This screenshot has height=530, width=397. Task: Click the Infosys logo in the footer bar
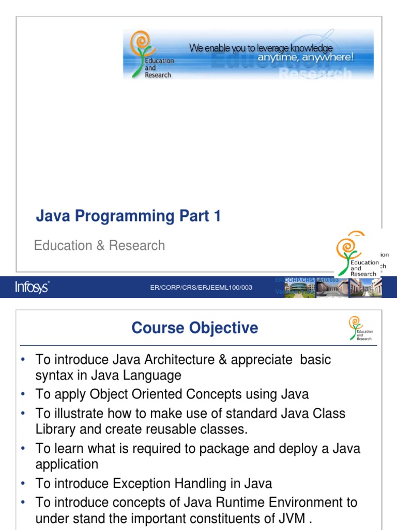tap(32, 287)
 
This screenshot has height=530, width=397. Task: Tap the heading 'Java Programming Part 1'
tap(128, 216)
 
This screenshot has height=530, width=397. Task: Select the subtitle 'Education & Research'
tap(99, 245)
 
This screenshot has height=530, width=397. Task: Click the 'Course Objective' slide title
tap(195, 328)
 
